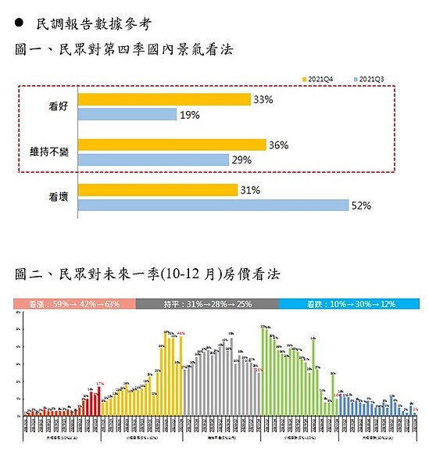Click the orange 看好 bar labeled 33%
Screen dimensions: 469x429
164,99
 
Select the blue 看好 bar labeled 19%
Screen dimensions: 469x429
127,114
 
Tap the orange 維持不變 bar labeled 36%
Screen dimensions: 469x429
172,145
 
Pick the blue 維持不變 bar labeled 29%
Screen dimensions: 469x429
153,159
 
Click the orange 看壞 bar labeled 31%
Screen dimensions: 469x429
158,190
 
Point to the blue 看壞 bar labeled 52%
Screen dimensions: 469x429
213,205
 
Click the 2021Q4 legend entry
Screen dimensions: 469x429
320,79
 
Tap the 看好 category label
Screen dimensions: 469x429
57,106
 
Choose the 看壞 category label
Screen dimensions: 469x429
57,198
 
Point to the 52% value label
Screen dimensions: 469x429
361,206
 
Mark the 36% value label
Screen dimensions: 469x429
279,145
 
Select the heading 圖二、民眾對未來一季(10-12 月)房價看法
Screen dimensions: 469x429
148,274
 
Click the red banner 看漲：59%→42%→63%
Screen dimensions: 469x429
74,303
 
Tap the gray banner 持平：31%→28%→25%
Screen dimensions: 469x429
207,303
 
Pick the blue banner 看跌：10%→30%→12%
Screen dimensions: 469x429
349,303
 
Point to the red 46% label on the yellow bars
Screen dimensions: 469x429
181,334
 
